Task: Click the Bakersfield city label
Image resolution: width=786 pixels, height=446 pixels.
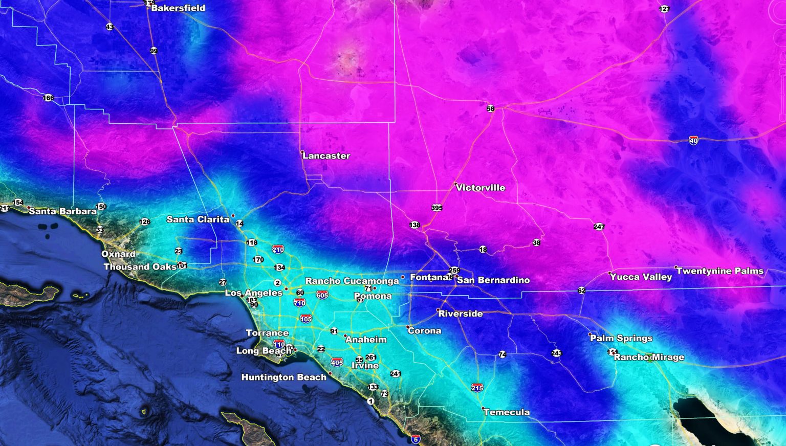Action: (x=178, y=8)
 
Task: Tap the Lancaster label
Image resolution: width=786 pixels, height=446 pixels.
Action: (x=326, y=156)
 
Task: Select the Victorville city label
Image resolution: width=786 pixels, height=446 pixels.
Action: (x=481, y=188)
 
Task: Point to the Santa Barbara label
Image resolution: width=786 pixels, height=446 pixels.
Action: (x=62, y=211)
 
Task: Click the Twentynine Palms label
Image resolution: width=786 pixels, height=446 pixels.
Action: (x=720, y=271)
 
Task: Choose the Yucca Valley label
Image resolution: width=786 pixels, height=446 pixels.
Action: (x=641, y=277)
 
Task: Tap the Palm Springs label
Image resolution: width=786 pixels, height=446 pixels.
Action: (x=621, y=338)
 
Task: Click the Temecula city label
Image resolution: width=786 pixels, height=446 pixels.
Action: (x=507, y=412)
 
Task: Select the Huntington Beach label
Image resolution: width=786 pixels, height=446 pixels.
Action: (x=283, y=377)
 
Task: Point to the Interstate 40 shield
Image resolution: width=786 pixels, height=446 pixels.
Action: (x=693, y=140)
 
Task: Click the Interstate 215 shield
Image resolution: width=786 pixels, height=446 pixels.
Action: (x=477, y=388)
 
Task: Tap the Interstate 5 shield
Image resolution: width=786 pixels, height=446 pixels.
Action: (x=416, y=439)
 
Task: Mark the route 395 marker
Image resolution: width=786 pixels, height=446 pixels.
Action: (x=436, y=208)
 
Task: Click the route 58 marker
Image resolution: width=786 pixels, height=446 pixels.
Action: (x=490, y=108)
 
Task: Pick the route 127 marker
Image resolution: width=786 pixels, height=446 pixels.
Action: (x=664, y=9)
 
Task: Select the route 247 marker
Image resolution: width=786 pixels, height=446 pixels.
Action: (x=599, y=227)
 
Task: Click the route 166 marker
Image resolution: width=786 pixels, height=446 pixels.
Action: (x=48, y=98)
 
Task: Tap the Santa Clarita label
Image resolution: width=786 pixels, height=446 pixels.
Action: (x=198, y=219)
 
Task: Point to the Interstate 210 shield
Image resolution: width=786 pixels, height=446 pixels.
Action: (x=278, y=250)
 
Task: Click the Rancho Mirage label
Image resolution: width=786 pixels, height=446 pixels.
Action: (x=649, y=357)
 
